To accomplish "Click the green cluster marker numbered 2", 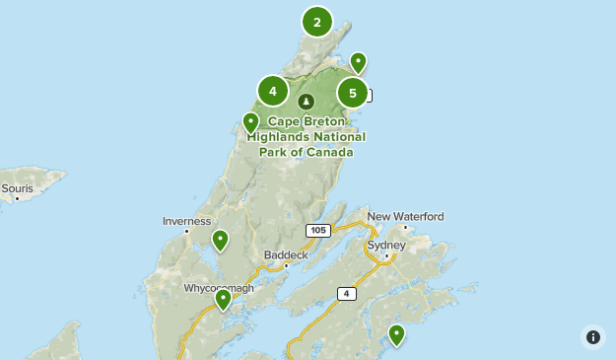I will pos(316,22).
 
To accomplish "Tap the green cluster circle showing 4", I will pos(272,92).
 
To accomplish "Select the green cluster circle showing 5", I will pos(352,94).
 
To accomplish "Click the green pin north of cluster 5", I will pos(358,63).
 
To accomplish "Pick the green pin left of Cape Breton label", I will pos(251,122).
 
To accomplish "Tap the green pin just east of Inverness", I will pos(220,240).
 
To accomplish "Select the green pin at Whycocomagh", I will pos(224,299).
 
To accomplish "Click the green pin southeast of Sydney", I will pos(396,334).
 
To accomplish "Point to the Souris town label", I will pos(17,187).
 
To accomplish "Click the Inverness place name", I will pos(186,221).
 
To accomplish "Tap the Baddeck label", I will pos(286,254).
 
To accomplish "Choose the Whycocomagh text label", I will pos(219,288).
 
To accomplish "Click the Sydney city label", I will pos(385,245).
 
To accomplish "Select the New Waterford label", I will pos(405,216).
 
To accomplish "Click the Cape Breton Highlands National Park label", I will pos(307,137).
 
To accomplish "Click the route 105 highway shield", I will pos(316,231).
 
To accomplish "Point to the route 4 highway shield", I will pos(346,293).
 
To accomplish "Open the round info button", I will pos(592,336).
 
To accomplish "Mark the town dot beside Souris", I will pos(17,198).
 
